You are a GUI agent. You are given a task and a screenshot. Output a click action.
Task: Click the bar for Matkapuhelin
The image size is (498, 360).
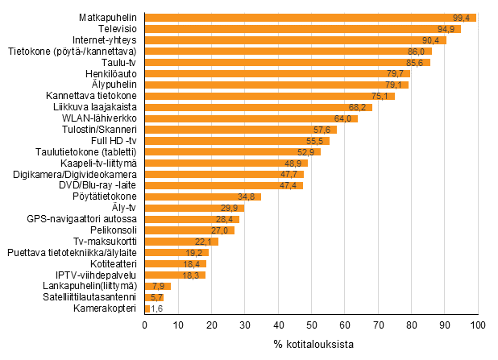[310, 18]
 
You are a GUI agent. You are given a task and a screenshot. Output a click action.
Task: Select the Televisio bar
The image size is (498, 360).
[302, 29]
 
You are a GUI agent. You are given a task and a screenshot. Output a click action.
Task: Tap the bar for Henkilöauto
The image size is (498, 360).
[277, 73]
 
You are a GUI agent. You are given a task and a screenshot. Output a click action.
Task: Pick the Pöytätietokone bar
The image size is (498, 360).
[202, 197]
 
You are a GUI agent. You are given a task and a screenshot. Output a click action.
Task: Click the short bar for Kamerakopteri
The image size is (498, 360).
[147, 308]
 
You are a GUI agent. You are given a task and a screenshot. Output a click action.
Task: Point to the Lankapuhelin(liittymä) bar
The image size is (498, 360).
[157, 286]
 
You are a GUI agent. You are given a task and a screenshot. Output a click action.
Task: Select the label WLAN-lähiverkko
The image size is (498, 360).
[101, 118]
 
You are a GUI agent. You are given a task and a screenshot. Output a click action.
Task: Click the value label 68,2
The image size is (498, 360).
[359, 107]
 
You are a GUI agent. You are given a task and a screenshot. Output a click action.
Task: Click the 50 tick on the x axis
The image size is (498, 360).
[311, 325]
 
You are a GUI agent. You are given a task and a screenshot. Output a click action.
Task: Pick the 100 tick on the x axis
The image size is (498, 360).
[479, 325]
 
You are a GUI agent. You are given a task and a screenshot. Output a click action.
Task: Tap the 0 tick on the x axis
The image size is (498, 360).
[144, 325]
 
